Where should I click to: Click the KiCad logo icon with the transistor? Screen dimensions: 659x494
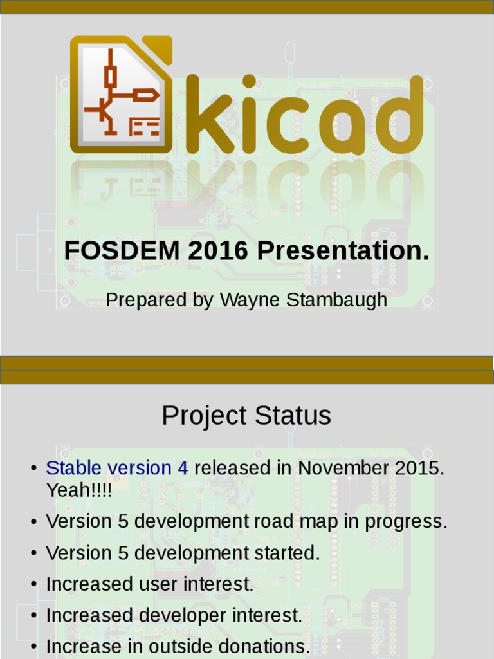[121, 95]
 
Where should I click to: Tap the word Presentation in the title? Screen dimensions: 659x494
[342, 251]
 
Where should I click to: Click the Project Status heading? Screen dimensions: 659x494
[246, 416]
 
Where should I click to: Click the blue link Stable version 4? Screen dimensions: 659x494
[117, 468]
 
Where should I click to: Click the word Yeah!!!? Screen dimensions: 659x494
[78, 490]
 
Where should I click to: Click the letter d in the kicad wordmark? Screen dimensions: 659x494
[398, 113]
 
